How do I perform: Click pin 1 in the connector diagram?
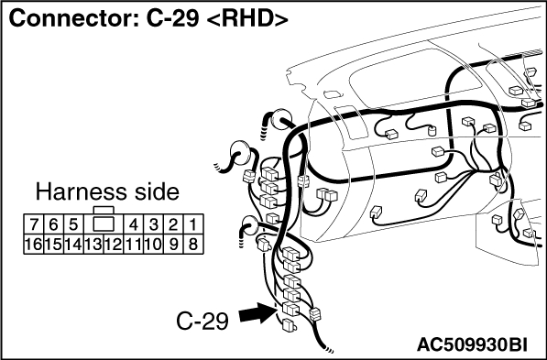coord(193,224)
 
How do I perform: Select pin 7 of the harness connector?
coord(34,224)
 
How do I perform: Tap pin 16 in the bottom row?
coord(34,245)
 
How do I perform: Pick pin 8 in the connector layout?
coord(193,245)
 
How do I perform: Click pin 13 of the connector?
coord(93,245)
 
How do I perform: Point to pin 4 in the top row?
coord(133,224)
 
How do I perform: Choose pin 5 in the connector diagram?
coord(73,224)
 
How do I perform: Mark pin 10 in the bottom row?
coord(153,245)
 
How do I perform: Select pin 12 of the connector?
coord(114,245)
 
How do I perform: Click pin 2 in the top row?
coord(173,224)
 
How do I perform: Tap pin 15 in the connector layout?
coord(53,245)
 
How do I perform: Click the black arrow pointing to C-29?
coord(257,312)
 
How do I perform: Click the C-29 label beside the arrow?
coord(202,321)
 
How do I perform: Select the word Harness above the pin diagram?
coord(82,192)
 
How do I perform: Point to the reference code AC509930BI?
coord(472,344)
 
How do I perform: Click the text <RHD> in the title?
coord(247,18)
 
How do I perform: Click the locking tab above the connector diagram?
coord(104,210)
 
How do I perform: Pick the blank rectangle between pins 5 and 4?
coord(104,224)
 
